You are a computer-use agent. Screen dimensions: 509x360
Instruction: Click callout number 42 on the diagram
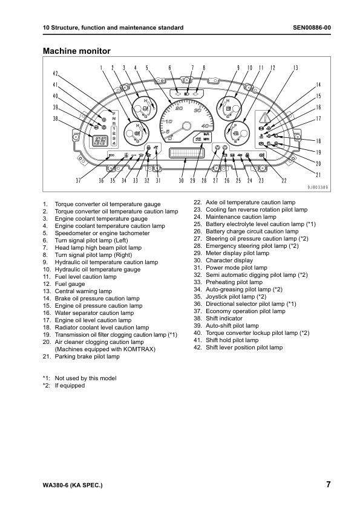pyautogui.click(x=55, y=74)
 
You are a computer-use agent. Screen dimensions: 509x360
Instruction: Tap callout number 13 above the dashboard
pyautogui.click(x=295, y=68)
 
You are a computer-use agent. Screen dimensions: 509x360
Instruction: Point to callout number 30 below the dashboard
pyautogui.click(x=182, y=180)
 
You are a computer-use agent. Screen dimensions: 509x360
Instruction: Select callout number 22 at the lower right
pyautogui.click(x=284, y=180)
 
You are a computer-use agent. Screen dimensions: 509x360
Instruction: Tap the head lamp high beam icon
pyautogui.click(x=187, y=94)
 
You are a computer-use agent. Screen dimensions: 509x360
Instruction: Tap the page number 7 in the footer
pyautogui.click(x=328, y=484)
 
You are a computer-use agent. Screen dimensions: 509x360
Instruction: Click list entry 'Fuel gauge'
pyautogui.click(x=70, y=284)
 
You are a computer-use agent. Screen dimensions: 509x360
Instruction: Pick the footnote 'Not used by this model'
pyautogui.click(x=85, y=378)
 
